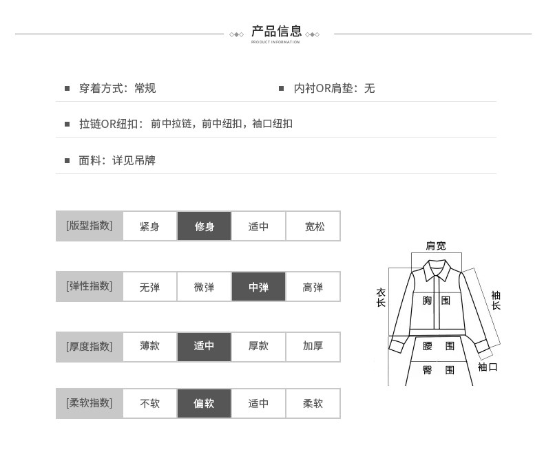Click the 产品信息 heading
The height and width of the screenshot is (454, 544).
coord(277,31)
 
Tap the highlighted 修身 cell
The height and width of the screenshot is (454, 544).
coord(204,226)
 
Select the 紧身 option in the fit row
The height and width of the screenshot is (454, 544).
coord(149,226)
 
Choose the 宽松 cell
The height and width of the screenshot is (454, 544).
coord(313,226)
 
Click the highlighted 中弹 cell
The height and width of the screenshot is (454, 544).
coord(258,287)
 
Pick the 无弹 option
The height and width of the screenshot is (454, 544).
coord(149,287)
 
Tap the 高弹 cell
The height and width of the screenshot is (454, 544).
coord(313,287)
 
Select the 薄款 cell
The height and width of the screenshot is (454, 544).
coord(149,347)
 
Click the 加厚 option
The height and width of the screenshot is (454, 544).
coord(313,347)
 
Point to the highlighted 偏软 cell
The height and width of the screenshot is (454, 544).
coord(204,403)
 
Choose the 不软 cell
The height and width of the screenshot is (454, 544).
coord(149,403)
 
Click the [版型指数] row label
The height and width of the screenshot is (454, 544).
coord(89,226)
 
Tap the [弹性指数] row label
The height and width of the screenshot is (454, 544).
coord(89,286)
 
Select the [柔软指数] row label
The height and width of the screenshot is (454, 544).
coord(89,403)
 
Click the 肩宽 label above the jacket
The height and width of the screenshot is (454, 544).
coord(436,246)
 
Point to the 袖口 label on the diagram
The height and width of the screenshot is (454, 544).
coord(488,367)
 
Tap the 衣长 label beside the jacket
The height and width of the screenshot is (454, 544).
coord(381,297)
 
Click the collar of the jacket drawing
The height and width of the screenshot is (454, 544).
coord(437,270)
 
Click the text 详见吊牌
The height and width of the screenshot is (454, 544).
coord(134,160)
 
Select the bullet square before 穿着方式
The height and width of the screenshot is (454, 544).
coord(67,88)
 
